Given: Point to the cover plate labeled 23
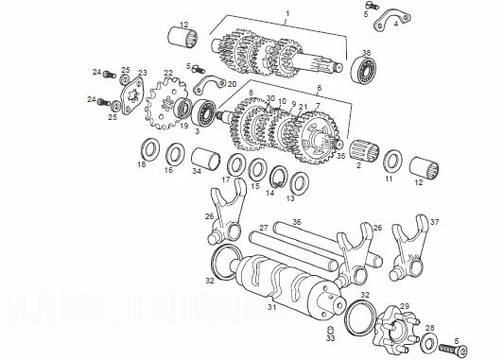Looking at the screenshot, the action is coord(131,95).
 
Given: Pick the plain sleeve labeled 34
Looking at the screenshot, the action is coord(206,160).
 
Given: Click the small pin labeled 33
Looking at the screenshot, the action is coord(330,330).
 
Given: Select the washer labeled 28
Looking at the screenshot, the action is coord(428,342).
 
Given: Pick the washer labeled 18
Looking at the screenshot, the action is coord(150,149).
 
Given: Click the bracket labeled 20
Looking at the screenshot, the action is coord(209,85).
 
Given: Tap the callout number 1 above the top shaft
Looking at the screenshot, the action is coord(287,13).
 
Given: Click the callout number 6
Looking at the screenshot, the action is coord(320,88).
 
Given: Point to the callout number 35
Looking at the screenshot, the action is coord(340,156).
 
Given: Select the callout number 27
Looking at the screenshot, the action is coord(264,228).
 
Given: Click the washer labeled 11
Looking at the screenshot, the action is coord(393,162).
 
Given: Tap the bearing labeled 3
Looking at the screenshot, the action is coord(203,113).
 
